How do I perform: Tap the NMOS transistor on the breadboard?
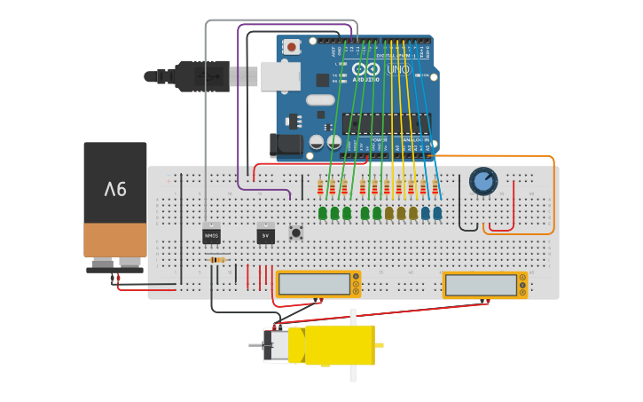coord(211,235)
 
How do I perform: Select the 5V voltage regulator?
coord(265,235)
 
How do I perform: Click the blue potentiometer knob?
coord(482,181)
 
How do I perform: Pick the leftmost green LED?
coord(323,213)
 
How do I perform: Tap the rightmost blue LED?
coord(437,213)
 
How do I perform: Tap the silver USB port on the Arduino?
coord(279,75)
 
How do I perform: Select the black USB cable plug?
coord(202,75)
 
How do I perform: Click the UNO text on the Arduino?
coord(398,69)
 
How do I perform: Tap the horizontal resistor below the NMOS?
coord(216,259)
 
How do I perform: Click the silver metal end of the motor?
coord(277,344)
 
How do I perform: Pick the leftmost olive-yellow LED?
coord(388,213)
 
